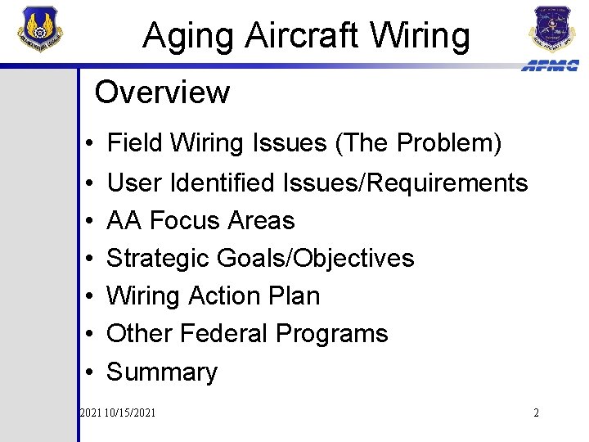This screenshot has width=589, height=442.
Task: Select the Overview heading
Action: pyautogui.click(x=162, y=92)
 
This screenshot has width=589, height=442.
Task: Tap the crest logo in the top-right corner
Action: pyautogui.click(x=553, y=28)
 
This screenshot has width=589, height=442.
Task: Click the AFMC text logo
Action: pyautogui.click(x=550, y=65)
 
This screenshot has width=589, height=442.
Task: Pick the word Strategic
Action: pyautogui.click(x=159, y=258)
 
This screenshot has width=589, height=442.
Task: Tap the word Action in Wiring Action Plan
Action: pyautogui.click(x=229, y=295)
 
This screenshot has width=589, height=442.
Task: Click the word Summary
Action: pyautogui.click(x=162, y=372)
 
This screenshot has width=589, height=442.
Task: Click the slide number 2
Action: pyautogui.click(x=536, y=413)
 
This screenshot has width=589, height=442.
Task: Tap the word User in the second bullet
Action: pyautogui.click(x=133, y=183)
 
